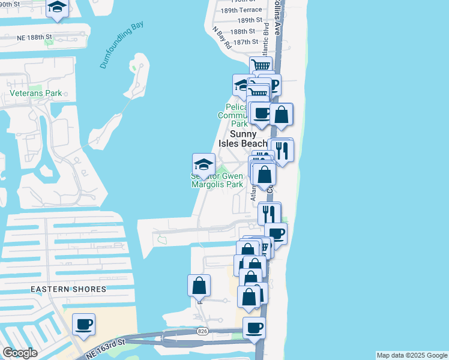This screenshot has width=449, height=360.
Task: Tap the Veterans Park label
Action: point(36,94)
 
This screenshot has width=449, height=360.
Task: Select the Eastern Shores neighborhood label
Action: point(68,289)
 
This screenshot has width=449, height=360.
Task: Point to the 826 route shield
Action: point(202,332)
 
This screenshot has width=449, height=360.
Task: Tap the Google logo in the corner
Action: point(20,353)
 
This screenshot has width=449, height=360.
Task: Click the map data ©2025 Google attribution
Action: point(412,355)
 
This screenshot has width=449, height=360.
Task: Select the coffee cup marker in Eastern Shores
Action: point(83,324)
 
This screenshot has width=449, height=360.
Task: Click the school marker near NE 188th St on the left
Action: point(57,8)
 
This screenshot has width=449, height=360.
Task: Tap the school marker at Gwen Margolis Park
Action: point(203,164)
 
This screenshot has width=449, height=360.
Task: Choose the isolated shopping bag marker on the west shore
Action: point(199,286)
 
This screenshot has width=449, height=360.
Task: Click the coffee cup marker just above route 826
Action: point(254,328)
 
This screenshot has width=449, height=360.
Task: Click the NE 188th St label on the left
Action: point(44,37)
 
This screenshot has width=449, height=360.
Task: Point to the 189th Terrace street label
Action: point(242,10)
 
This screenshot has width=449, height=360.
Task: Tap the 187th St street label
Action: point(246,42)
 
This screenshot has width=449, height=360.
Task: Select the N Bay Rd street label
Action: point(221,37)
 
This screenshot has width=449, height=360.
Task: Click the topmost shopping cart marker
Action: point(261,66)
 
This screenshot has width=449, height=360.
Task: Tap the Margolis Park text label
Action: point(217,184)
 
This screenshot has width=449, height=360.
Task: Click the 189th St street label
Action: point(250,20)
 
